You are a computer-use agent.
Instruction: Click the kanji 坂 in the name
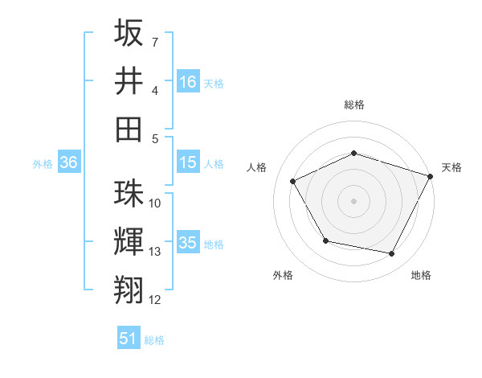click(x=129, y=34)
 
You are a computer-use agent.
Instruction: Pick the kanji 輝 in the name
click(x=129, y=240)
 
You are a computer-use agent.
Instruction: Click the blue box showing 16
click(x=188, y=81)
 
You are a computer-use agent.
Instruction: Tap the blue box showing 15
click(x=188, y=162)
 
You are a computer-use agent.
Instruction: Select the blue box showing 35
click(x=188, y=243)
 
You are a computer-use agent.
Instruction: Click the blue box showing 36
click(x=69, y=162)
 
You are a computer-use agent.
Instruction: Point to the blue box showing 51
click(x=129, y=339)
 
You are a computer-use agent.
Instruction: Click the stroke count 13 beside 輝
click(x=155, y=252)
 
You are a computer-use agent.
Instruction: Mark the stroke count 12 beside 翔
click(x=155, y=300)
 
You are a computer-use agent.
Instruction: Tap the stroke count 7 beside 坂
click(x=155, y=41)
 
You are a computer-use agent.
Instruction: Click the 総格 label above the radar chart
click(x=353, y=105)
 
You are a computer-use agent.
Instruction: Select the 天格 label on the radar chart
click(x=451, y=167)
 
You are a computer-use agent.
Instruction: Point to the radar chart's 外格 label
click(x=283, y=275)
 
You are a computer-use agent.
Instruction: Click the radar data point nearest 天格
click(x=431, y=175)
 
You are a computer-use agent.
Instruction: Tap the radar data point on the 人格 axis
click(x=293, y=182)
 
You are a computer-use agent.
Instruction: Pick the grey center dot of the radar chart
click(x=353, y=201)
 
